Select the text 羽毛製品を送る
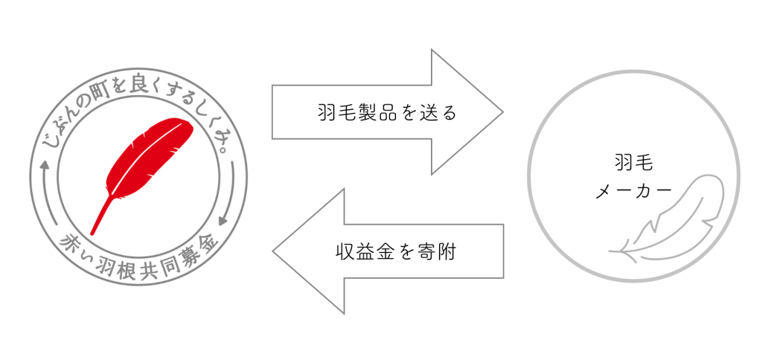point(387,112)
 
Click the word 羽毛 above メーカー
point(633,163)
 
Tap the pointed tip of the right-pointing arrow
point(503,112)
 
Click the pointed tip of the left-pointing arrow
point(272,251)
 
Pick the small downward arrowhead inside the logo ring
point(222,221)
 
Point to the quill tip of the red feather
point(92,234)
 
